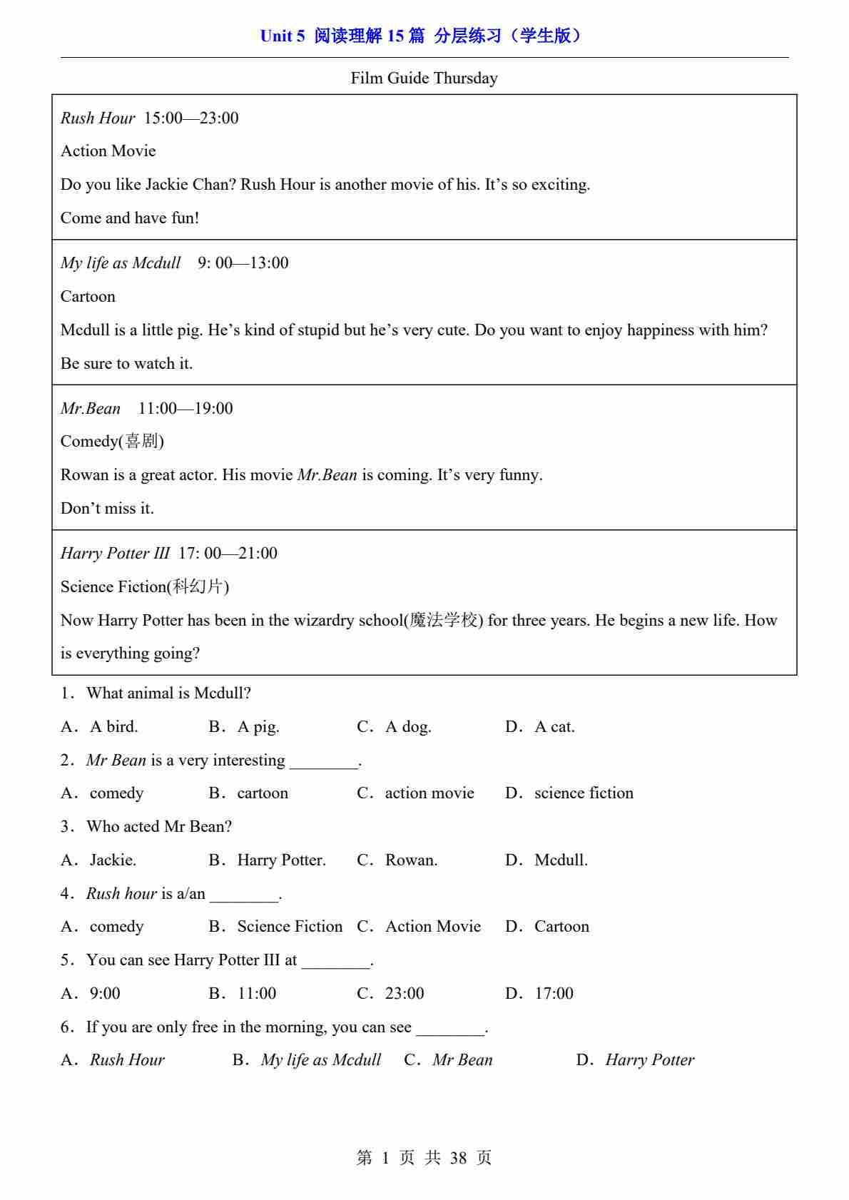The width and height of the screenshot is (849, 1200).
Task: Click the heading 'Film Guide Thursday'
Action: (424, 78)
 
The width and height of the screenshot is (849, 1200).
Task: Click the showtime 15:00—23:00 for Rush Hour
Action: (191, 118)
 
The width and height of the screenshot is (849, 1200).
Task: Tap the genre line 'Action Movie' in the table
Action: (108, 151)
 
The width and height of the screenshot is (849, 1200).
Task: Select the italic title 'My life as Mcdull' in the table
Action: (120, 263)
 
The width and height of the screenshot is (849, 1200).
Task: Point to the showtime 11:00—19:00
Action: (185, 408)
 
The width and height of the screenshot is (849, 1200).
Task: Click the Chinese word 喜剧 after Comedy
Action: (141, 441)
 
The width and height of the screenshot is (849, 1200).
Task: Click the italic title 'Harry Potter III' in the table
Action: (115, 553)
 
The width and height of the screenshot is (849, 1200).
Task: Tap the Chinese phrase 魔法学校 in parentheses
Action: (444, 620)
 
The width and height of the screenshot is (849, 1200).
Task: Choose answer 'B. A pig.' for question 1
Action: (244, 726)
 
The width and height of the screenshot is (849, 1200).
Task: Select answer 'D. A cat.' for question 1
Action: (540, 726)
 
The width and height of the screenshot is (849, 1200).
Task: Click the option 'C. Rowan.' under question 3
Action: (397, 860)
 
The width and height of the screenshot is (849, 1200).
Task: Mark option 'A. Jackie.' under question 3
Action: (98, 860)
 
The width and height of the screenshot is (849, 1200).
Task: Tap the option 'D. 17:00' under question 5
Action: (539, 993)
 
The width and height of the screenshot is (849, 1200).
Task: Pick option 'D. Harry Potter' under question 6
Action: (635, 1059)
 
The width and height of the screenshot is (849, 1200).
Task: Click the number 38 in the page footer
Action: (458, 1157)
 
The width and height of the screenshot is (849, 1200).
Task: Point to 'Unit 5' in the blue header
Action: (283, 36)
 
